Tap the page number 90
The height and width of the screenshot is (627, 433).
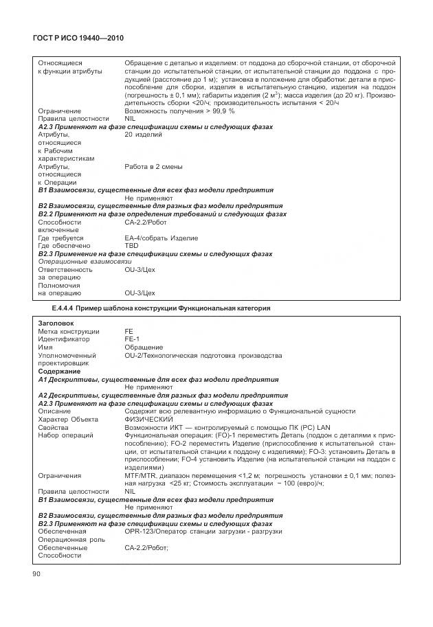(x=36, y=573)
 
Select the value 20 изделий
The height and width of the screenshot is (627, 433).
(x=143, y=135)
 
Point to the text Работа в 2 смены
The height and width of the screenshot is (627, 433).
(x=153, y=166)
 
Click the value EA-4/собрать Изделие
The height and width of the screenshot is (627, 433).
(x=161, y=238)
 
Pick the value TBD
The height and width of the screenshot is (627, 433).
(x=131, y=245)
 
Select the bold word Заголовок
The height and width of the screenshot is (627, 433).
(x=56, y=323)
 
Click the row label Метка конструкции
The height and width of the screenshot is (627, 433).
(x=69, y=331)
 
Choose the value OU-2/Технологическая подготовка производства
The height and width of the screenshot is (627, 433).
(x=203, y=355)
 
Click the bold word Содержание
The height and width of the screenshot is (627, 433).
(x=59, y=371)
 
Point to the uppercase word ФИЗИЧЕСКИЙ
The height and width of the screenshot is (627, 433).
(x=148, y=419)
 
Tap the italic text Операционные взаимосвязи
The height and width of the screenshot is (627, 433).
(x=84, y=262)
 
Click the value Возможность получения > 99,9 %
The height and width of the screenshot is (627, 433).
(x=179, y=111)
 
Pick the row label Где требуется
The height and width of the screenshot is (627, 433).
(x=60, y=238)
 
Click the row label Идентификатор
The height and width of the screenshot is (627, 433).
(x=63, y=339)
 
